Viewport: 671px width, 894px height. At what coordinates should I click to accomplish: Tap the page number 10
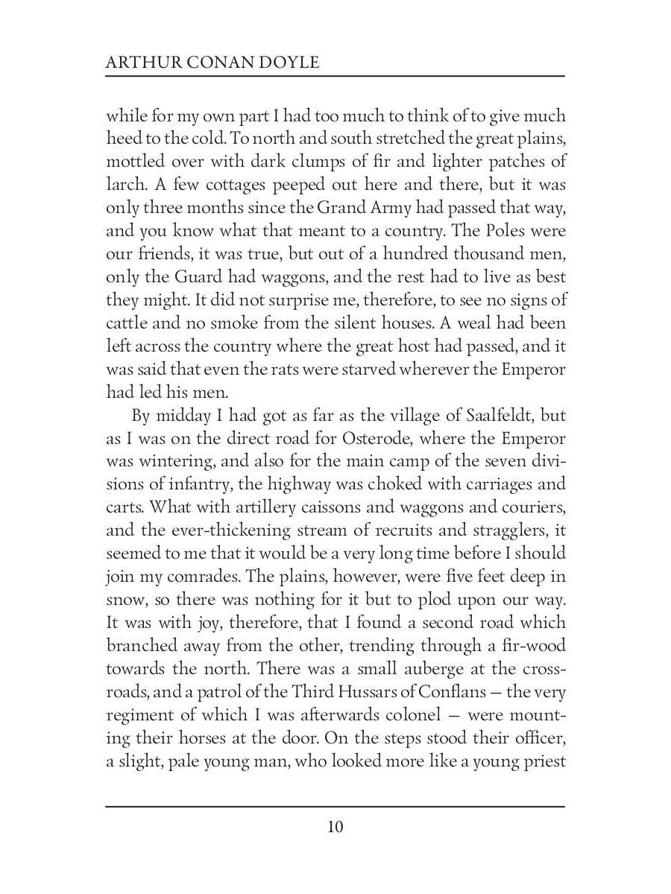tap(335, 828)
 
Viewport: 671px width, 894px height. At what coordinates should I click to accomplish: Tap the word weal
tap(482, 323)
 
